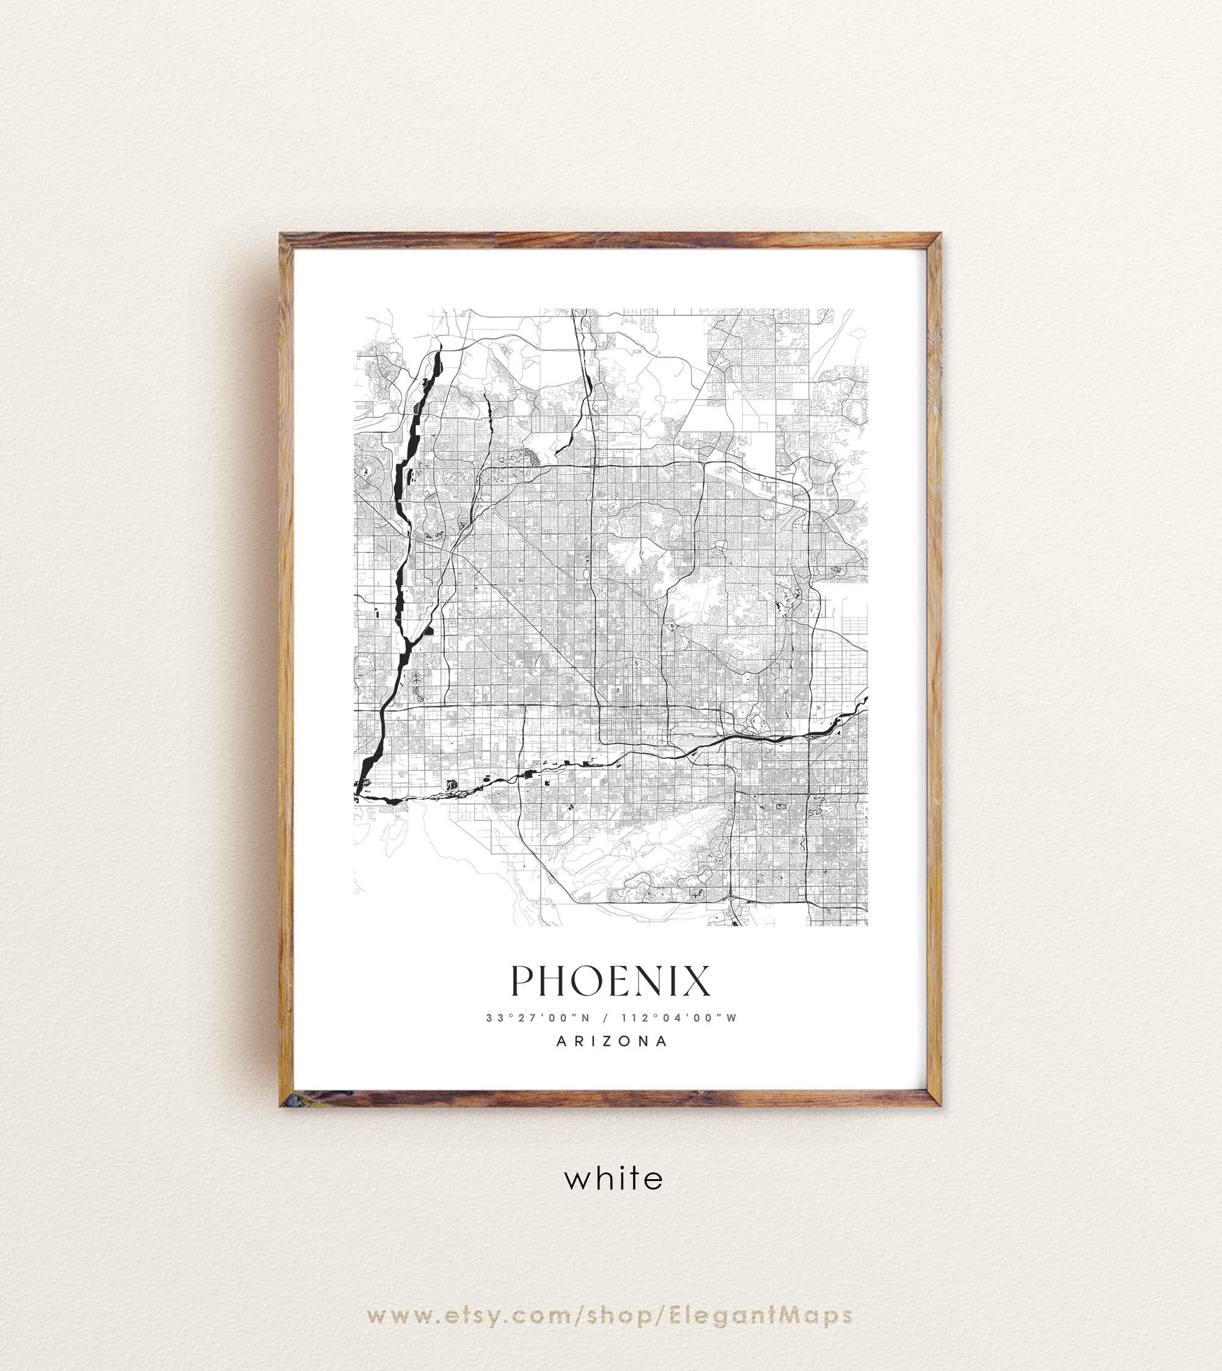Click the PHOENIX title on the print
point(610,982)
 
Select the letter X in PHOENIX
point(697,982)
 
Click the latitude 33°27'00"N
point(538,1018)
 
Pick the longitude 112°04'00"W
point(679,1018)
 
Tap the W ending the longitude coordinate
point(732,1018)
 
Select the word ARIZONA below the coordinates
point(612,1041)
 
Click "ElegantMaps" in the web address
point(761,1315)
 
